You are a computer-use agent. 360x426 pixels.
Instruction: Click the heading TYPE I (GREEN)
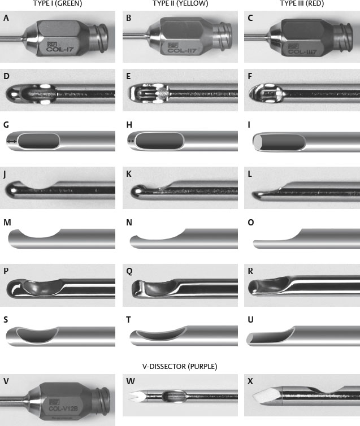pos(57,3)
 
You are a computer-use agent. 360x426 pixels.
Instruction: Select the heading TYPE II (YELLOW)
pos(180,3)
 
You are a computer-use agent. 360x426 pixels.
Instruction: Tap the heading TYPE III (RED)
pos(302,3)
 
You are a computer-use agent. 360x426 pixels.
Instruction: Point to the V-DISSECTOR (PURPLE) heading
pos(180,367)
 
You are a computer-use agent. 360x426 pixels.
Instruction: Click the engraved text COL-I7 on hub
pos(60,50)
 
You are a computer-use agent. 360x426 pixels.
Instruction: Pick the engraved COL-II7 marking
pos(182,50)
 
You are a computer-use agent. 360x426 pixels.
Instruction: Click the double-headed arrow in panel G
pos(11,141)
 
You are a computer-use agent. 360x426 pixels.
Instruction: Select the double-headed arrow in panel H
pos(131,141)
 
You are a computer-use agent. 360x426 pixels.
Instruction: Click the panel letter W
pos(131,381)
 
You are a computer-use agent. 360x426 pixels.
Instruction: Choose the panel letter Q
pos(129,271)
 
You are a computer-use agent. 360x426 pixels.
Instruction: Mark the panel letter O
pos(251,223)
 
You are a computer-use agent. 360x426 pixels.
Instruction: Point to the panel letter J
pos(5,174)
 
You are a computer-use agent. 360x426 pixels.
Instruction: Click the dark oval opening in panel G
pos(38,141)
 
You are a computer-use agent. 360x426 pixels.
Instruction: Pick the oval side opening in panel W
pos(174,396)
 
